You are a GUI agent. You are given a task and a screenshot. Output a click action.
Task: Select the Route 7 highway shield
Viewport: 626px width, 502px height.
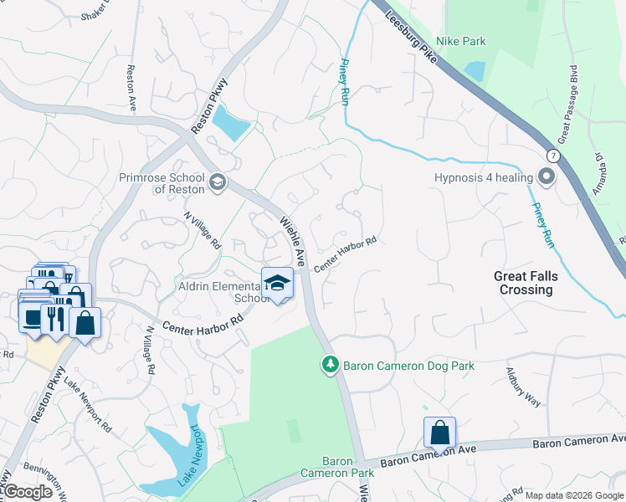click(553, 156)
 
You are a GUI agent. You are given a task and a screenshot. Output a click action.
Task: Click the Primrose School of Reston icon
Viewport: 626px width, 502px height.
click(218, 182)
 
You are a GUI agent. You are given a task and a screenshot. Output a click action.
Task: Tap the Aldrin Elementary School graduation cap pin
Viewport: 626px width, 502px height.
click(277, 284)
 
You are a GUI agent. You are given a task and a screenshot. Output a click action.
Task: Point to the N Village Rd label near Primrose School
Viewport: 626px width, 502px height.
click(203, 230)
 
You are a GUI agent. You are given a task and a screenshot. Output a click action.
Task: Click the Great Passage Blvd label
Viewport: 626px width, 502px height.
click(567, 103)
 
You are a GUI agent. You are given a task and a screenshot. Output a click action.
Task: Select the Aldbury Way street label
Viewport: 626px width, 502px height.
click(524, 386)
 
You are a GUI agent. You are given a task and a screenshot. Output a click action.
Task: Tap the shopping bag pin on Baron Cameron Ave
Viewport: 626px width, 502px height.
click(439, 433)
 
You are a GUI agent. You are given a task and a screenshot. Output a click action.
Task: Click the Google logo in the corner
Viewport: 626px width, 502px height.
click(28, 492)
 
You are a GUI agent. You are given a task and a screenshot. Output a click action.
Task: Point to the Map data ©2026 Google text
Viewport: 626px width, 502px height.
click(574, 495)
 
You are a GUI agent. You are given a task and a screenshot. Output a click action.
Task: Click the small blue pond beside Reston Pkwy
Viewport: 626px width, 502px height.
click(230, 125)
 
